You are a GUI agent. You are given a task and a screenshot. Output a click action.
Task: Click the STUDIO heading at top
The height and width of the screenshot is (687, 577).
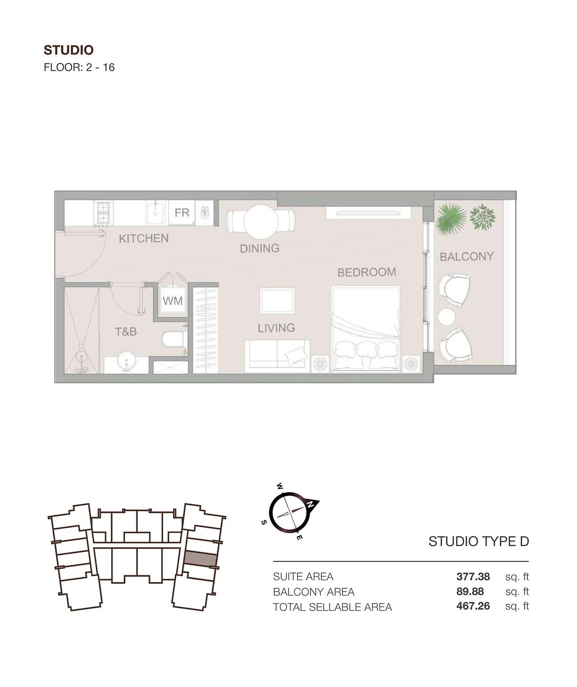[68, 50]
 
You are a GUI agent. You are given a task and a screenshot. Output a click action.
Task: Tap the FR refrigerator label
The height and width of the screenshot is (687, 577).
[182, 213]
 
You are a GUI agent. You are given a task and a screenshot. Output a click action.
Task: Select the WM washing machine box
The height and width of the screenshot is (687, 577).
[173, 301]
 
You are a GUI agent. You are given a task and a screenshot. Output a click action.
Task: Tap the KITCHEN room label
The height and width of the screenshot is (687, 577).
[144, 238]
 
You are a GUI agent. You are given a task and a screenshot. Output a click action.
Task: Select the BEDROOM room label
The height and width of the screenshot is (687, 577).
[366, 272]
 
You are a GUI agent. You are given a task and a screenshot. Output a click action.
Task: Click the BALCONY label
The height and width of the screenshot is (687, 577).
[466, 256]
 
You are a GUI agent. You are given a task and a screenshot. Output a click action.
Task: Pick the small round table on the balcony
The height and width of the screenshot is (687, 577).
[446, 317]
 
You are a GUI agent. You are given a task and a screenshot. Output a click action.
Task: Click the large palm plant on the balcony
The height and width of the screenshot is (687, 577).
[451, 219]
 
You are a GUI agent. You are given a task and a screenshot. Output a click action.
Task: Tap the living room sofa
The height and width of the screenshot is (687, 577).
[277, 356]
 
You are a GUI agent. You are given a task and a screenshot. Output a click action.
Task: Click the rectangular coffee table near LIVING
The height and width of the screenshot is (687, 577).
[277, 301]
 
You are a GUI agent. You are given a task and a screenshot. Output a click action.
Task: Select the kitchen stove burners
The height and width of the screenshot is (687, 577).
[103, 213]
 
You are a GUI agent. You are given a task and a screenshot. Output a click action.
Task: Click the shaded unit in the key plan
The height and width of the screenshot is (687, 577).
[200, 559]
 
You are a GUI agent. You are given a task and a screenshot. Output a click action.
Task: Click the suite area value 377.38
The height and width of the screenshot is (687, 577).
[473, 576]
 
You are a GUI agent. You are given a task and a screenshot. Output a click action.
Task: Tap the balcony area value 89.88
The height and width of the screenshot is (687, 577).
[470, 591]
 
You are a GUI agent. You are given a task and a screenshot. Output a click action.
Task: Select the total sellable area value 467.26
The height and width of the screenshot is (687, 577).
[473, 606]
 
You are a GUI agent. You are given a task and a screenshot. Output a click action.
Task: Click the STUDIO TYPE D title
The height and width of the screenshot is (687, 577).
[479, 541]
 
